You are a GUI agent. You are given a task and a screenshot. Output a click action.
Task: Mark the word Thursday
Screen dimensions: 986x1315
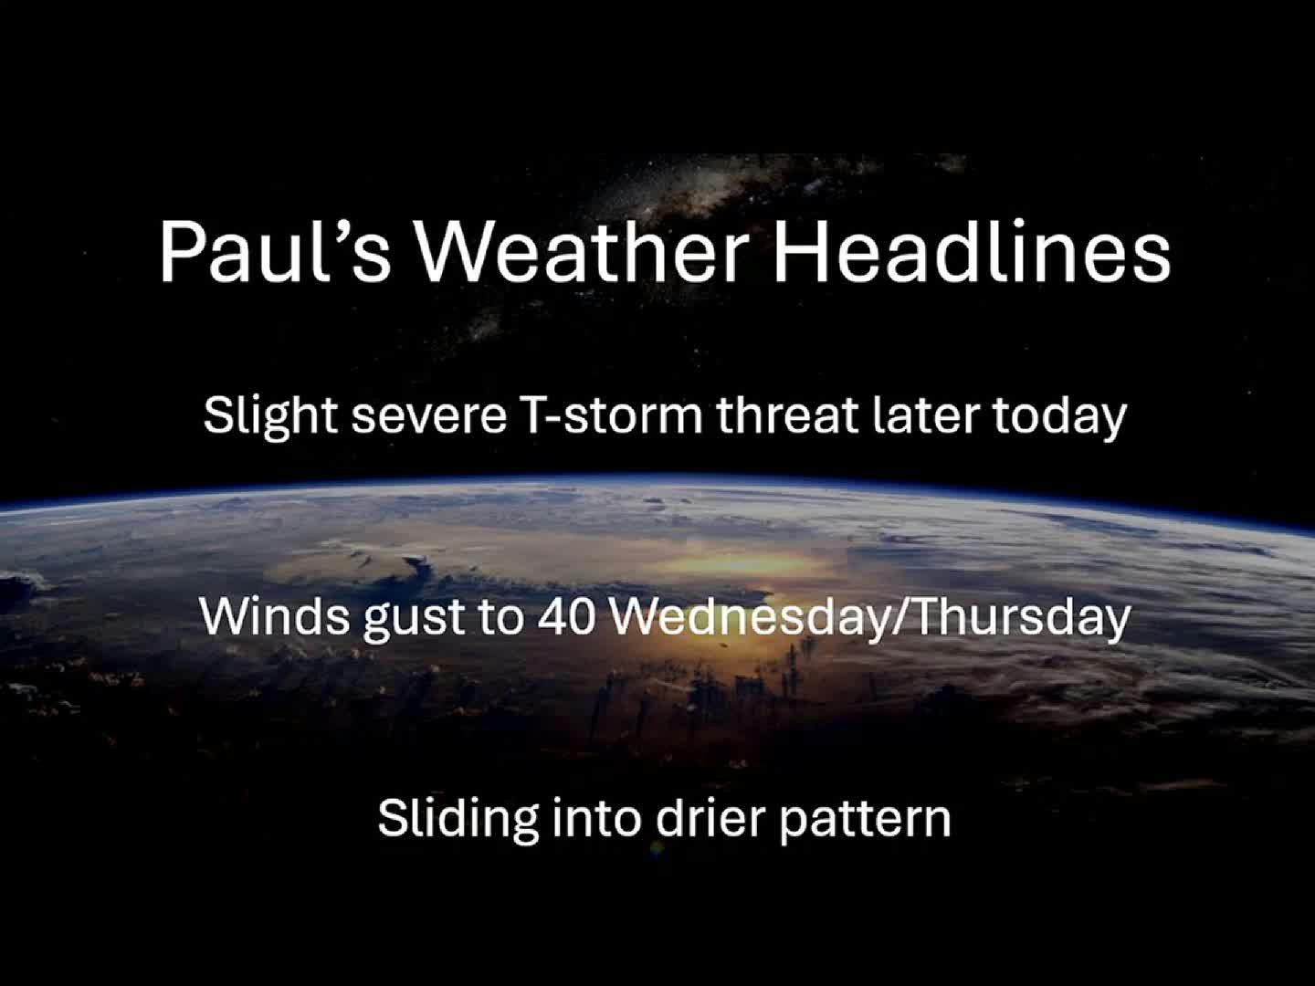(x=1022, y=617)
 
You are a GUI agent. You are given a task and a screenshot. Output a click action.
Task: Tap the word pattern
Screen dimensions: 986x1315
(x=865, y=818)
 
